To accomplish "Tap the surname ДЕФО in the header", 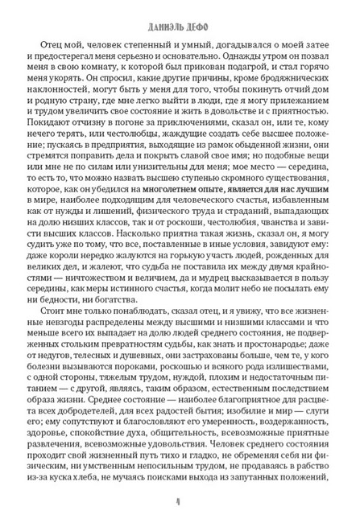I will tap(201, 15).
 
